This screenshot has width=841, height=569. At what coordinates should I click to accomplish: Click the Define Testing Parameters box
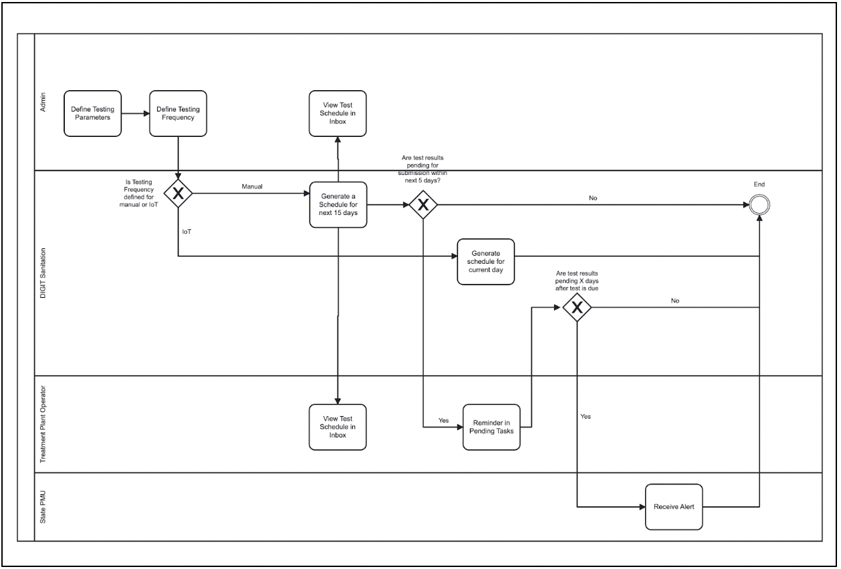94,113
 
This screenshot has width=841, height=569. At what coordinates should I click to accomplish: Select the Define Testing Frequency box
178,113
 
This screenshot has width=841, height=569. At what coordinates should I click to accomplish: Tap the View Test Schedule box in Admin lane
338,113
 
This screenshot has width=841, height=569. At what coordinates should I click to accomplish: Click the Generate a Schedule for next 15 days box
338,204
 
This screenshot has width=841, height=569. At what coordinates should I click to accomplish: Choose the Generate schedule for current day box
486,262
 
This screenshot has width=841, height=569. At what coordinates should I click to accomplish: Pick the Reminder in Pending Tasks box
491,427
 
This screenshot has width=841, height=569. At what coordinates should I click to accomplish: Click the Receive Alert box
674,507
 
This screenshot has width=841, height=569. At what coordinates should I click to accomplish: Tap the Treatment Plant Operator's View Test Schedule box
338,427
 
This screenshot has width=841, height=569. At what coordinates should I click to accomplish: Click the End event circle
759,205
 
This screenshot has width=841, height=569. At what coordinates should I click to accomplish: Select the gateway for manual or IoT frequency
178,194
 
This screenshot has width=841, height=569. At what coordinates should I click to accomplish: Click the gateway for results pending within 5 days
423,205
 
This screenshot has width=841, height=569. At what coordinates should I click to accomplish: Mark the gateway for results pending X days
576,308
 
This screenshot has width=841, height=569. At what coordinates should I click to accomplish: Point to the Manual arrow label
251,186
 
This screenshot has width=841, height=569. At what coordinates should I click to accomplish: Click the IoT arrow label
187,231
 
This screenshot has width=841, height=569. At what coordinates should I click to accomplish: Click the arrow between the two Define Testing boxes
136,113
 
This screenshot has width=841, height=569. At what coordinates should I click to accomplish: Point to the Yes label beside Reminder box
443,421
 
